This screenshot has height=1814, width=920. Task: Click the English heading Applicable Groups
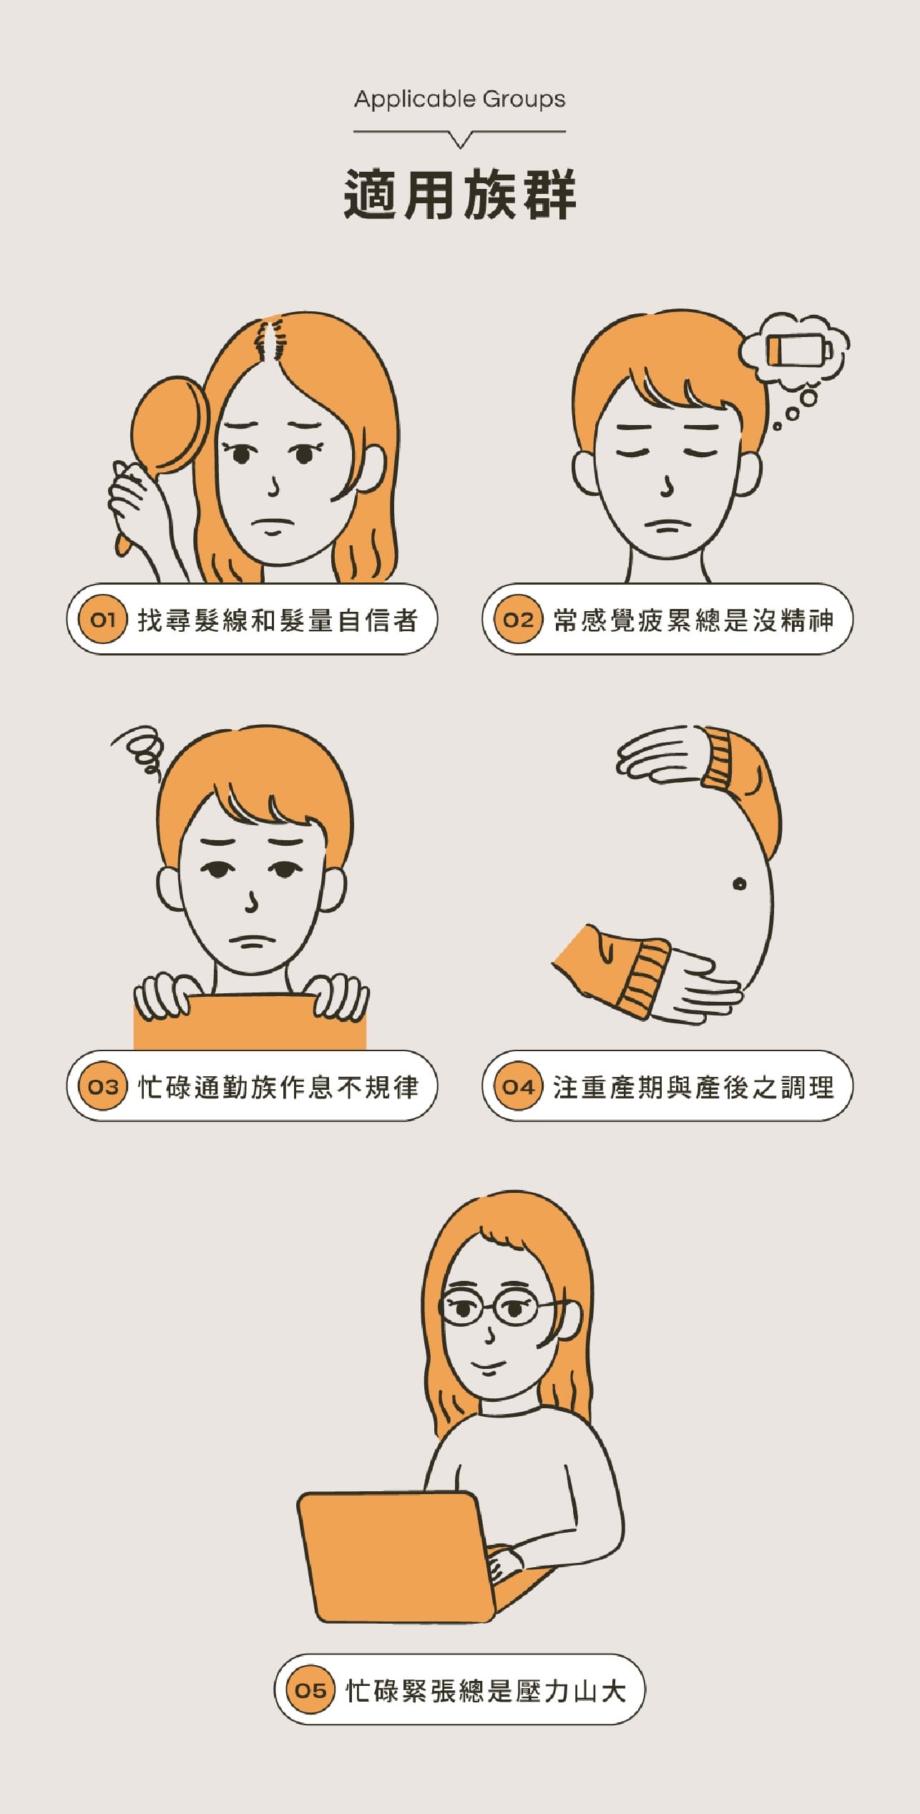(459, 99)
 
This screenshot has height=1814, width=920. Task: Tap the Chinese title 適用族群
(459, 195)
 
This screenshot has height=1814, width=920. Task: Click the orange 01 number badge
(102, 620)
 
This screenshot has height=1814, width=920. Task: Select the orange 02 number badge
(518, 620)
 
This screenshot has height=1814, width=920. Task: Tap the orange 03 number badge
(102, 1086)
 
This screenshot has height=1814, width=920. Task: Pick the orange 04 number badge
(518, 1086)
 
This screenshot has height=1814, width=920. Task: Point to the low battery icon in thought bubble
(798, 351)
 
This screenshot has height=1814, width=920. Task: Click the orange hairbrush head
(168, 426)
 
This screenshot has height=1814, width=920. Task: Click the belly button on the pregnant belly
(739, 884)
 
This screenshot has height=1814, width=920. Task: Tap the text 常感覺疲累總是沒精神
(693, 620)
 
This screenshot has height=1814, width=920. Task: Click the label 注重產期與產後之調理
(693, 1087)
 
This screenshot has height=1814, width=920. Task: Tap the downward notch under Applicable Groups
(461, 140)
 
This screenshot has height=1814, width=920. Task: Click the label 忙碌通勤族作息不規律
(278, 1087)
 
